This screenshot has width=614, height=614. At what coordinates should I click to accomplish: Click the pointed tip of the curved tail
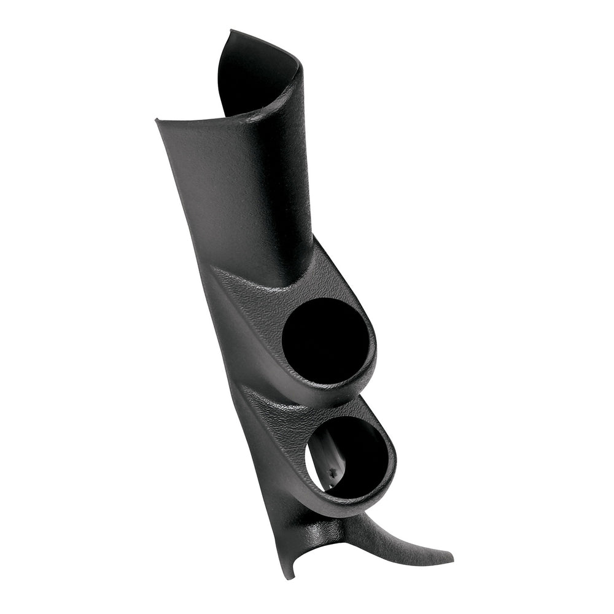click(453, 559)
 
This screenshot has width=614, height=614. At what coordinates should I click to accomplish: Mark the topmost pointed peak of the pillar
click(231, 30)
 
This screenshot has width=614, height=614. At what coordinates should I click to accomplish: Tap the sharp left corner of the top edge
click(157, 120)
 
